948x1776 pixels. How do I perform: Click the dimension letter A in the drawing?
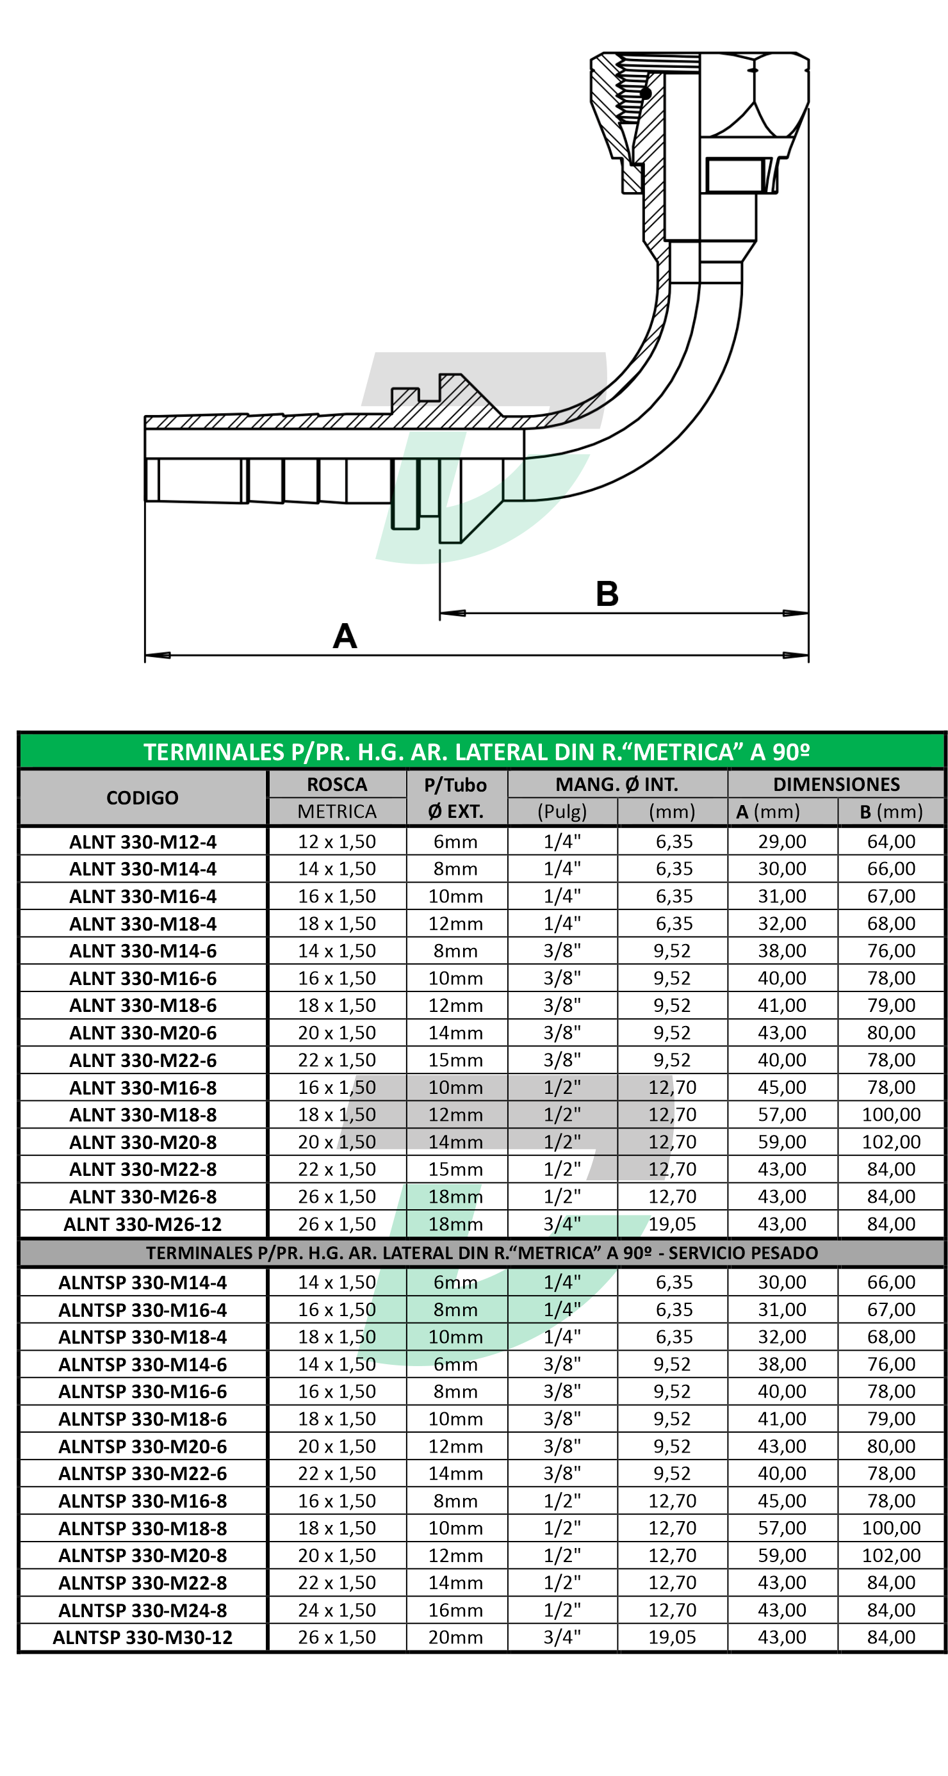point(344,636)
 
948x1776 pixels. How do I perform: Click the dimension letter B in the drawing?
point(607,594)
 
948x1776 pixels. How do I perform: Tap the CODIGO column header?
point(142,797)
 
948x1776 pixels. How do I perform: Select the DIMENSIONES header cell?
point(836,784)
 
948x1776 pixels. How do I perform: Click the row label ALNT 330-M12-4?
point(142,842)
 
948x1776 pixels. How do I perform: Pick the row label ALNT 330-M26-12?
point(142,1225)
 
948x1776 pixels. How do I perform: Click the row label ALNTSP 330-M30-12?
point(142,1638)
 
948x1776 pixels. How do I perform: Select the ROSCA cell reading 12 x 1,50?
point(336,842)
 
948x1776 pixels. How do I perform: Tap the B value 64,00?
point(891,842)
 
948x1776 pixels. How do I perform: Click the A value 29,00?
point(782,842)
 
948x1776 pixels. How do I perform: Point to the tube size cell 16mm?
point(455,1611)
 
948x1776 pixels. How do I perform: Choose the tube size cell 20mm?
point(455,1638)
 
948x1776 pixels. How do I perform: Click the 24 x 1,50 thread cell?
point(336,1611)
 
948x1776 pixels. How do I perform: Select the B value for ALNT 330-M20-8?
point(891,1143)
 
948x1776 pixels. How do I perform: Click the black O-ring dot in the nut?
point(645,93)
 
